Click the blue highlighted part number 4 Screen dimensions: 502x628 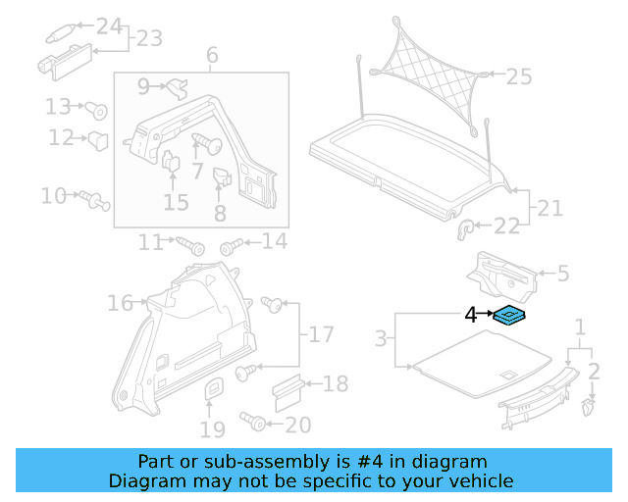[510, 315]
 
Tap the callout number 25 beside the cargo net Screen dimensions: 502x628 [518, 75]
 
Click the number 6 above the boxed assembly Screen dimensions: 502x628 [211, 56]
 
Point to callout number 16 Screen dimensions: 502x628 [120, 303]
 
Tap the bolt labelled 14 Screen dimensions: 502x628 [232, 243]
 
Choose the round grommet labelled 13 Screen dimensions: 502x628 [97, 108]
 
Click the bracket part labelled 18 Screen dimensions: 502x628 [285, 391]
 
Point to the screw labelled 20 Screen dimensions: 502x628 [256, 423]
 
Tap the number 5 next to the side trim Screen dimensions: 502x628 [562, 274]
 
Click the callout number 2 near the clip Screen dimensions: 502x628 [593, 371]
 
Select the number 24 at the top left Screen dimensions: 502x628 [109, 25]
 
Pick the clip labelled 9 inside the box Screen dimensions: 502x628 [178, 88]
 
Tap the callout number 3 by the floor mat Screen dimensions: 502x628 [381, 340]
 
